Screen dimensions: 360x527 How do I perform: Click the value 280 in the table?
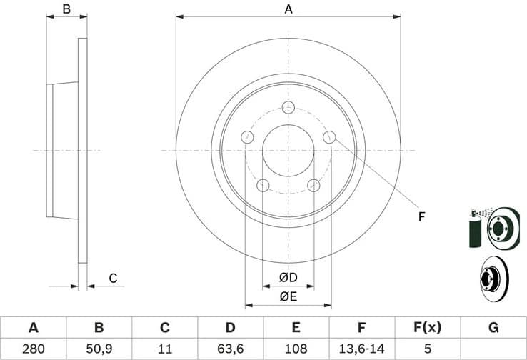(33, 349)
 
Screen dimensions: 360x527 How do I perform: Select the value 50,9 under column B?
(99, 349)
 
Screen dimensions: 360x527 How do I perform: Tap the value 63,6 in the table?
(230, 349)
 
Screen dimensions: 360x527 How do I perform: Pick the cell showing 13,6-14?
(361, 349)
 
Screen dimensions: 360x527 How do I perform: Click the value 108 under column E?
(296, 349)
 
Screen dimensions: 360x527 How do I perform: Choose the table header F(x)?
(427, 328)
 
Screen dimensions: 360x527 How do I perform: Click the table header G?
(493, 328)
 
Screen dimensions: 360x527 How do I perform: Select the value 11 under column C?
(164, 349)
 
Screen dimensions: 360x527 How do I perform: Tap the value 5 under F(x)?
(427, 349)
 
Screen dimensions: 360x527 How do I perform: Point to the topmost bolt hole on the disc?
(288, 107)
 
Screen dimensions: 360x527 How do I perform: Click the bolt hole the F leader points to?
(329, 137)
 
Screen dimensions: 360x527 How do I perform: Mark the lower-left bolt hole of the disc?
(263, 186)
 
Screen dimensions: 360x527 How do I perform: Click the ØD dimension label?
(288, 276)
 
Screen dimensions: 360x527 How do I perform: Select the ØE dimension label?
(288, 296)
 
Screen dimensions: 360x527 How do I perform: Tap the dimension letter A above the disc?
(288, 9)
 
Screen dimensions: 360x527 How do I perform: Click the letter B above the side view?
(66, 9)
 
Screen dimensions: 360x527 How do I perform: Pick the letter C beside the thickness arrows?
(112, 278)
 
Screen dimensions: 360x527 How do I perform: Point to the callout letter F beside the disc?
(422, 216)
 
